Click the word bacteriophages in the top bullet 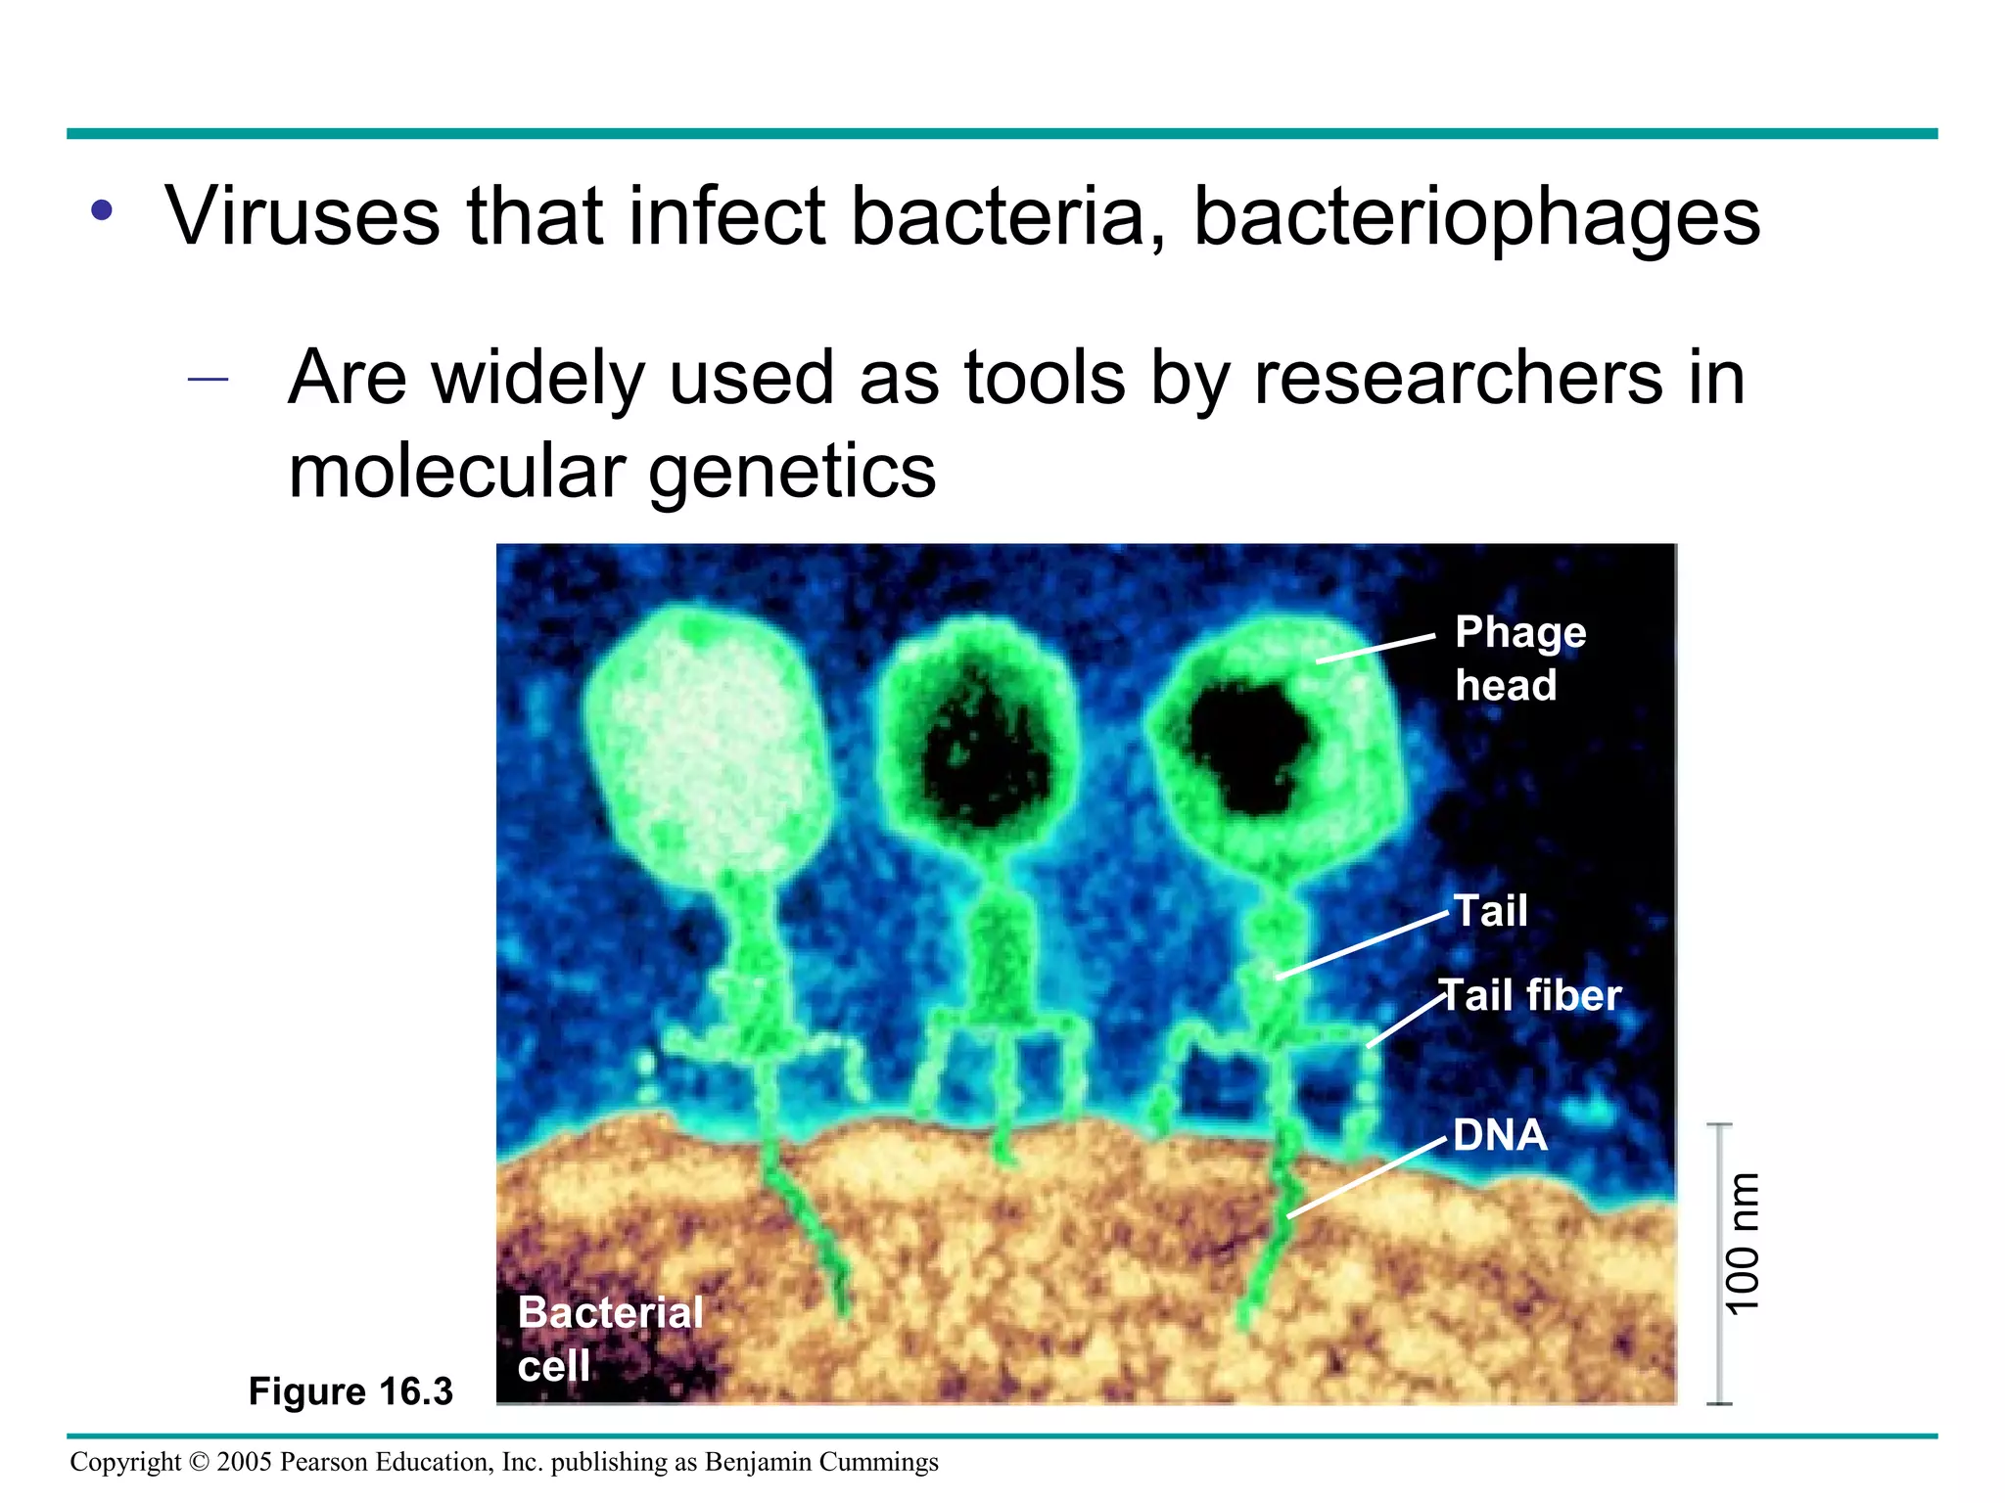[1476, 217]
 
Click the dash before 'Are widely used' [208, 379]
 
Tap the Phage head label [1518, 658]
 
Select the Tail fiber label [1531, 996]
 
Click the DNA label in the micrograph [1500, 1136]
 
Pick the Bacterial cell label [609, 1338]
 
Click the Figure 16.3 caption [350, 1390]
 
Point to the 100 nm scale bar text [1744, 1243]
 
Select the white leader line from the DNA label [1367, 1179]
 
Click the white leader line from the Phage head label [1376, 648]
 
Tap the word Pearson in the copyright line [322, 1462]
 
